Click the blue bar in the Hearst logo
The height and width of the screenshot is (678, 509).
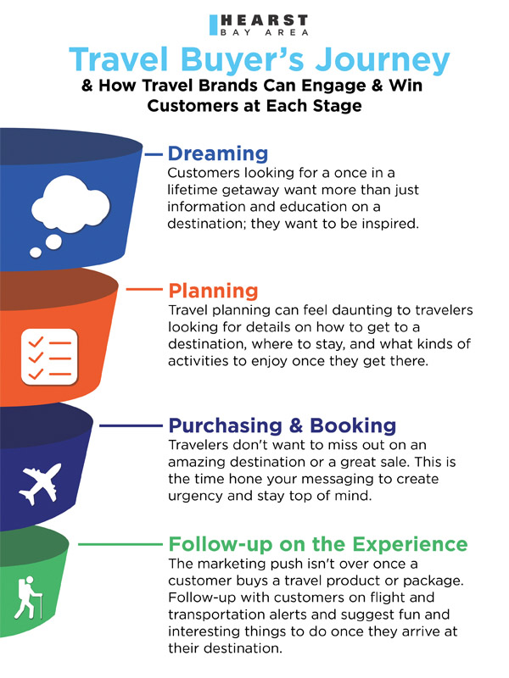click(x=213, y=25)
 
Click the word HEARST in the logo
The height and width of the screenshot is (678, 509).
click(x=265, y=20)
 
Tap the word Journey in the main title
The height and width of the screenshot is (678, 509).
click(x=383, y=59)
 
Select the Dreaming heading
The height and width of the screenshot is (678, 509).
click(x=218, y=153)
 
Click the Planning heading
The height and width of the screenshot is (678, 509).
click(x=213, y=291)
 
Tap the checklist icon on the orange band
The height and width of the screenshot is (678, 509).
click(x=49, y=357)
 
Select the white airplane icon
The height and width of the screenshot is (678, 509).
click(x=40, y=483)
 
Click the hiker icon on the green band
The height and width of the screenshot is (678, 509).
click(x=29, y=597)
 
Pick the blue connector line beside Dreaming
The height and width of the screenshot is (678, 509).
click(x=154, y=153)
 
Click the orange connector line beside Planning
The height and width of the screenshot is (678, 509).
click(x=144, y=290)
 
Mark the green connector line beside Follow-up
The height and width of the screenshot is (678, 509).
click(x=120, y=544)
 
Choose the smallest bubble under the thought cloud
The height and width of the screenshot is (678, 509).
click(x=36, y=253)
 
